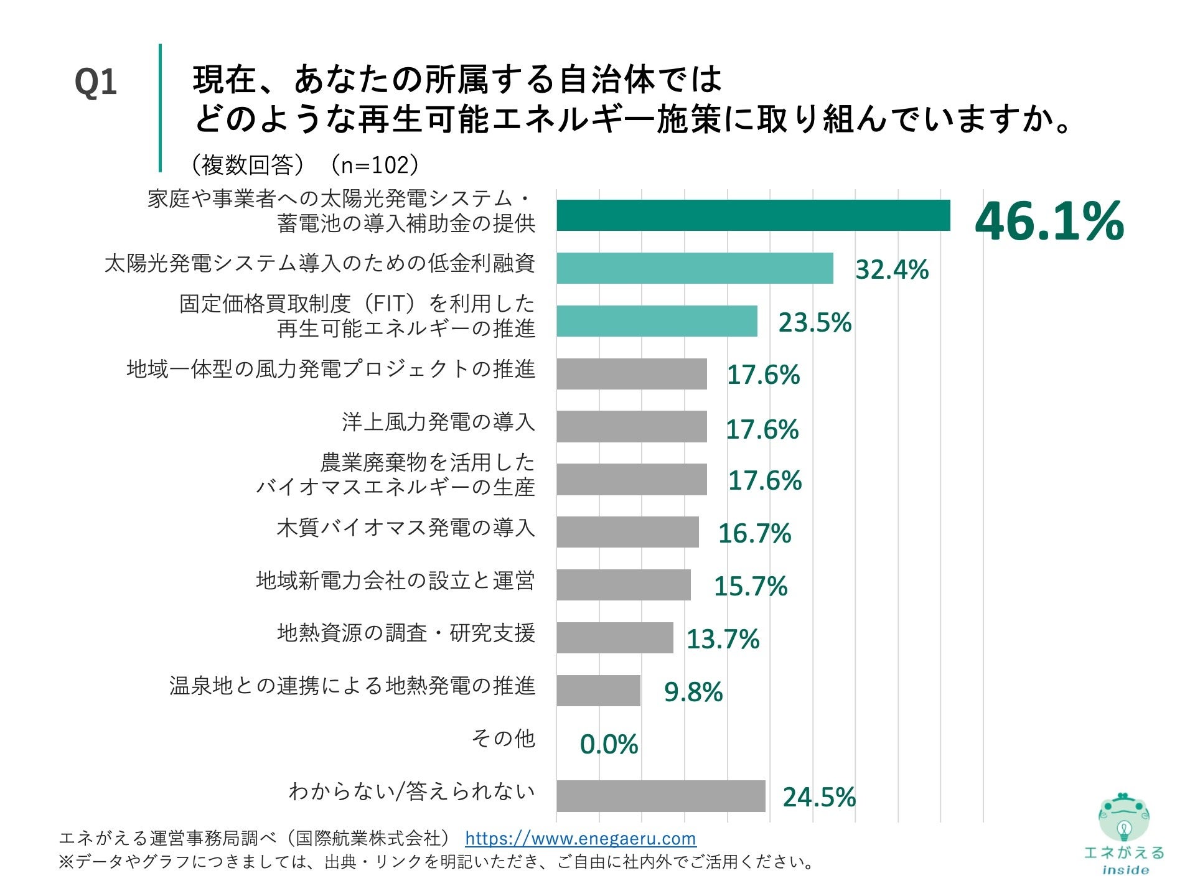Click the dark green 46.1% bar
(x=753, y=215)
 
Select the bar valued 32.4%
(x=695, y=268)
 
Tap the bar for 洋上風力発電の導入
(x=632, y=426)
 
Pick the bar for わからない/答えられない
(x=660, y=796)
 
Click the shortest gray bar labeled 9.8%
(x=598, y=691)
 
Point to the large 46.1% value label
(x=1049, y=221)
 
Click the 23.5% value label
(x=815, y=322)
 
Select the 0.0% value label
(x=609, y=744)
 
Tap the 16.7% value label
(x=754, y=533)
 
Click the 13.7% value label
(x=723, y=639)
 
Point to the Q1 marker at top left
(x=95, y=82)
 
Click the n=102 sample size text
(x=375, y=165)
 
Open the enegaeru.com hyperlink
(x=580, y=838)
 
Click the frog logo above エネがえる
(x=1123, y=818)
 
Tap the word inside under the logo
(x=1125, y=870)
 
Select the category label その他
(x=503, y=738)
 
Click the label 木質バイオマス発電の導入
(x=406, y=528)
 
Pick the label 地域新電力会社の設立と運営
(x=395, y=581)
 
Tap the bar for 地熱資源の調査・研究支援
(x=615, y=638)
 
